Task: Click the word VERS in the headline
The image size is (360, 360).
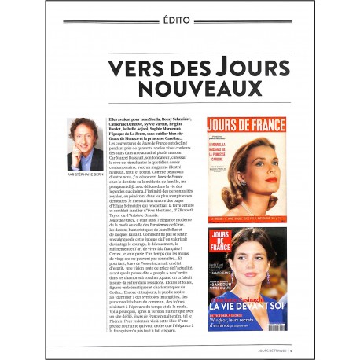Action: (x=134, y=68)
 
